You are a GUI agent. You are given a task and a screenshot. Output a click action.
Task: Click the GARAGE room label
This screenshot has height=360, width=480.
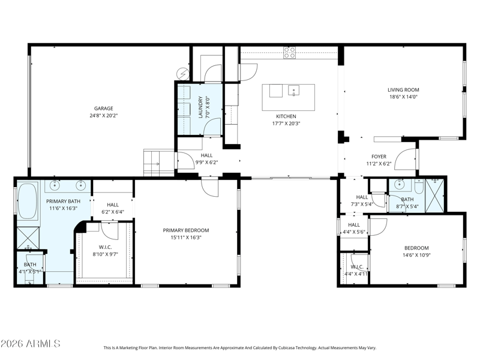tap(103, 109)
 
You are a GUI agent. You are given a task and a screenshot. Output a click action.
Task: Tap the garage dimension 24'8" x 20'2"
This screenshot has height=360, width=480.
tap(103, 116)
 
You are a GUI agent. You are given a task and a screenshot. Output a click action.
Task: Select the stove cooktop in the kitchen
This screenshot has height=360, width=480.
tap(290, 53)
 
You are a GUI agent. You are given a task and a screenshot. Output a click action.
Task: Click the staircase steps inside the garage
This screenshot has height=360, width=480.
tap(158, 163)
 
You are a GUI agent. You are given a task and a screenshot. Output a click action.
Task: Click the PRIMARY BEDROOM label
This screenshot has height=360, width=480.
tap(186, 230)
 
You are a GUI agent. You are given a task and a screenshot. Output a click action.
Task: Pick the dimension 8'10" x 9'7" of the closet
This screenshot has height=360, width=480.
tap(105, 254)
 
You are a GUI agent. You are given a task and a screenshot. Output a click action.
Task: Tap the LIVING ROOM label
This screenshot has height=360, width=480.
tap(403, 90)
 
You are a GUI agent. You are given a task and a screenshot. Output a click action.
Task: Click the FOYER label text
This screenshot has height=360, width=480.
tap(379, 156)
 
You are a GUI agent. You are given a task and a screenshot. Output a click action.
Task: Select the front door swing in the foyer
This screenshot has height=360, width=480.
tap(407, 157)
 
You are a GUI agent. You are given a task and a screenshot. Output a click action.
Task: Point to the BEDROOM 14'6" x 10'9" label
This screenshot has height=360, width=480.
tap(416, 248)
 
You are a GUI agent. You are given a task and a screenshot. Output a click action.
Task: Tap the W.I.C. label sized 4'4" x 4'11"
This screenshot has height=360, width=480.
tap(356, 267)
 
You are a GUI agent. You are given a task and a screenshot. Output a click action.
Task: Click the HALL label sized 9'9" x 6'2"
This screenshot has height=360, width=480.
tap(206, 155)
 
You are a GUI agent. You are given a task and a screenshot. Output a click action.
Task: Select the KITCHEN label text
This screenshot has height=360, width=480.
tap(286, 116)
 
